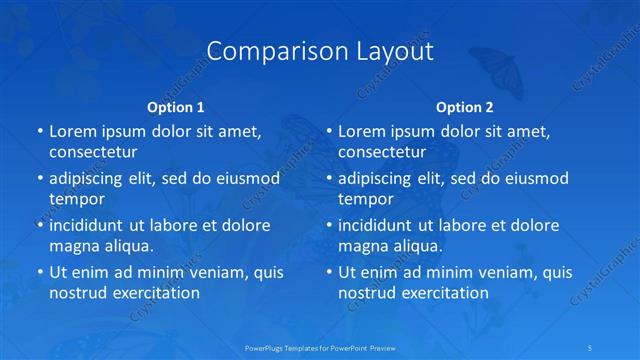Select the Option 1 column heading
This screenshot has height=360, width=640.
pyautogui.click(x=176, y=107)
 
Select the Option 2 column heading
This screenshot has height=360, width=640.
pyautogui.click(x=465, y=107)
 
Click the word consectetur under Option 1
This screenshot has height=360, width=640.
pyautogui.click(x=93, y=152)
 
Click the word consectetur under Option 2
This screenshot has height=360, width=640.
pyautogui.click(x=382, y=152)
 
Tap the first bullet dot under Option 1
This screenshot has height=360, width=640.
pyautogui.click(x=39, y=131)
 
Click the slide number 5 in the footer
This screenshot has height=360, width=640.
pyautogui.click(x=590, y=347)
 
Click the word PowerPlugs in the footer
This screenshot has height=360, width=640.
pyautogui.click(x=266, y=347)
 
